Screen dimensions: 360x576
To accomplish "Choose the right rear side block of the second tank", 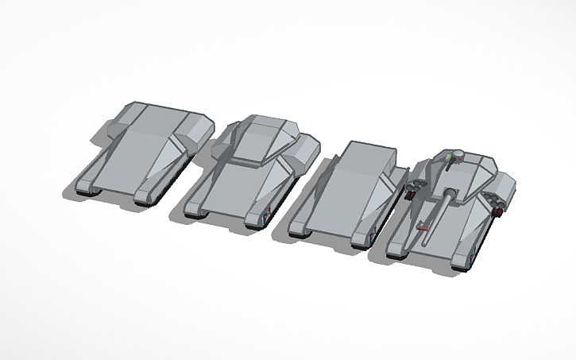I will (307, 145).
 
